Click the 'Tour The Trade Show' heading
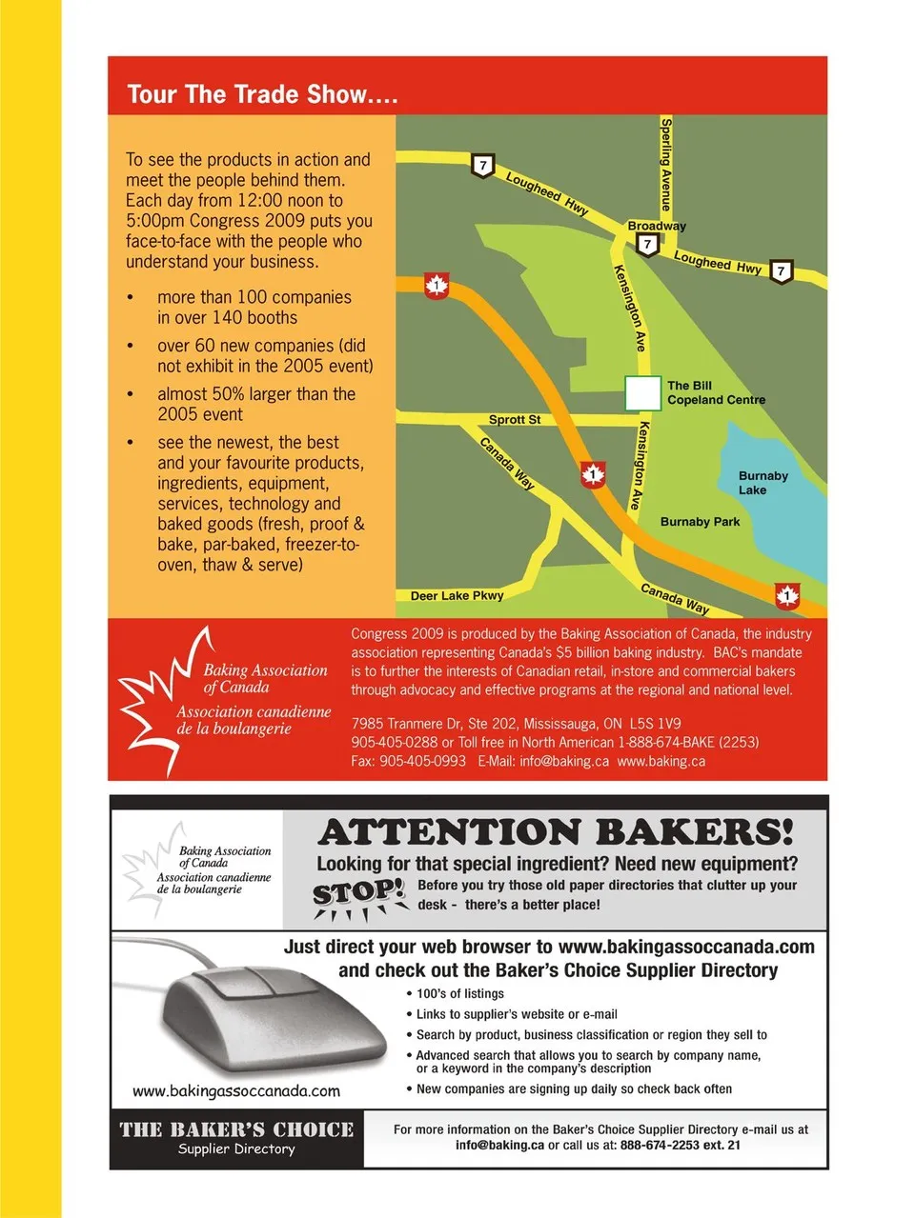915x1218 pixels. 262,94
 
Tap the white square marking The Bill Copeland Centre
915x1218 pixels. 642,393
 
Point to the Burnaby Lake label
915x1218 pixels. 762,483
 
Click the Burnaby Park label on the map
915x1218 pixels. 700,522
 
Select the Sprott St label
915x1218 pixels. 515,420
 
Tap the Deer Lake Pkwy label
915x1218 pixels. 457,596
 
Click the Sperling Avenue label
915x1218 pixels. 666,164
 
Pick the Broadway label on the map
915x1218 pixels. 656,226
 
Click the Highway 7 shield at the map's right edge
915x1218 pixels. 781,271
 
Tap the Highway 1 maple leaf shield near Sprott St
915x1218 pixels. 593,473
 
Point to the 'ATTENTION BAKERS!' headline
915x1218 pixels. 556,832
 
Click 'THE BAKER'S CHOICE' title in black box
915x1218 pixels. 236,1129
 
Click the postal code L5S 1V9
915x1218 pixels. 655,724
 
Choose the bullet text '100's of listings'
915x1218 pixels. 459,993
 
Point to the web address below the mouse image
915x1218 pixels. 236,1090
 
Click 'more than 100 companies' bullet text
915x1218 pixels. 254,297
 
